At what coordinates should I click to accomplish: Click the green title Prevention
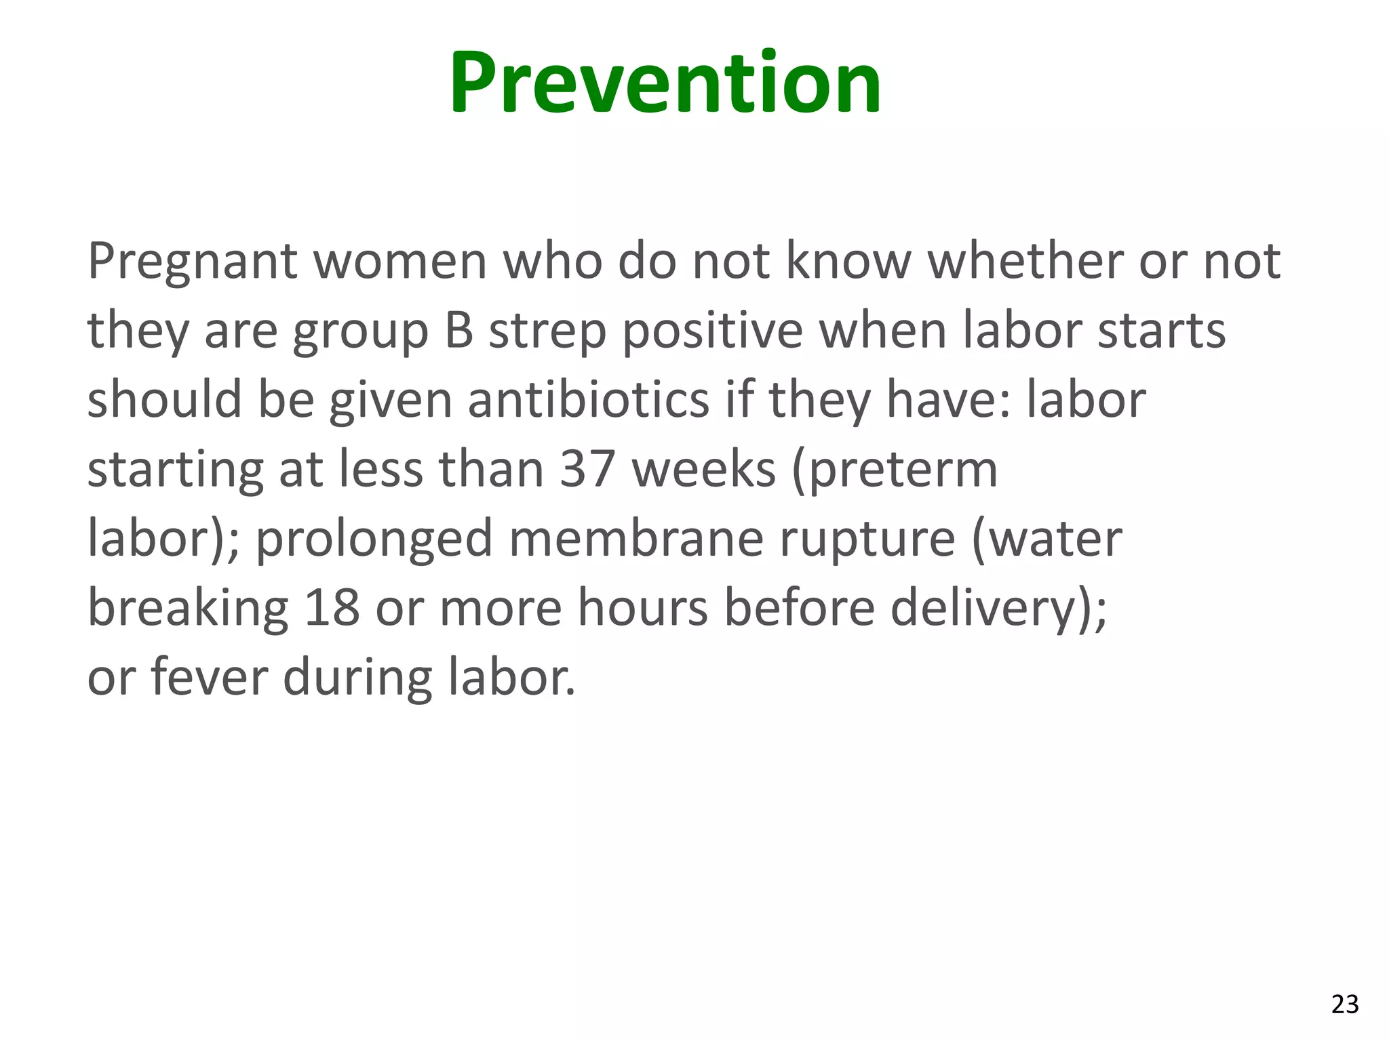tap(665, 83)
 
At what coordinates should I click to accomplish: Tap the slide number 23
tap(1345, 1004)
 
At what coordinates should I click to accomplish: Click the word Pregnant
tap(193, 263)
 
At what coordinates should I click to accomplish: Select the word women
tap(400, 262)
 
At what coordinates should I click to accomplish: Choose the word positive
tap(712, 332)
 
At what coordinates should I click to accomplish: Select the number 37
tap(587, 469)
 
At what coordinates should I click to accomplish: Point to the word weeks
tap(703, 469)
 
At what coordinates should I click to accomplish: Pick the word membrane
tap(636, 539)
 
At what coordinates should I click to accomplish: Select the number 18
tap(332, 608)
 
